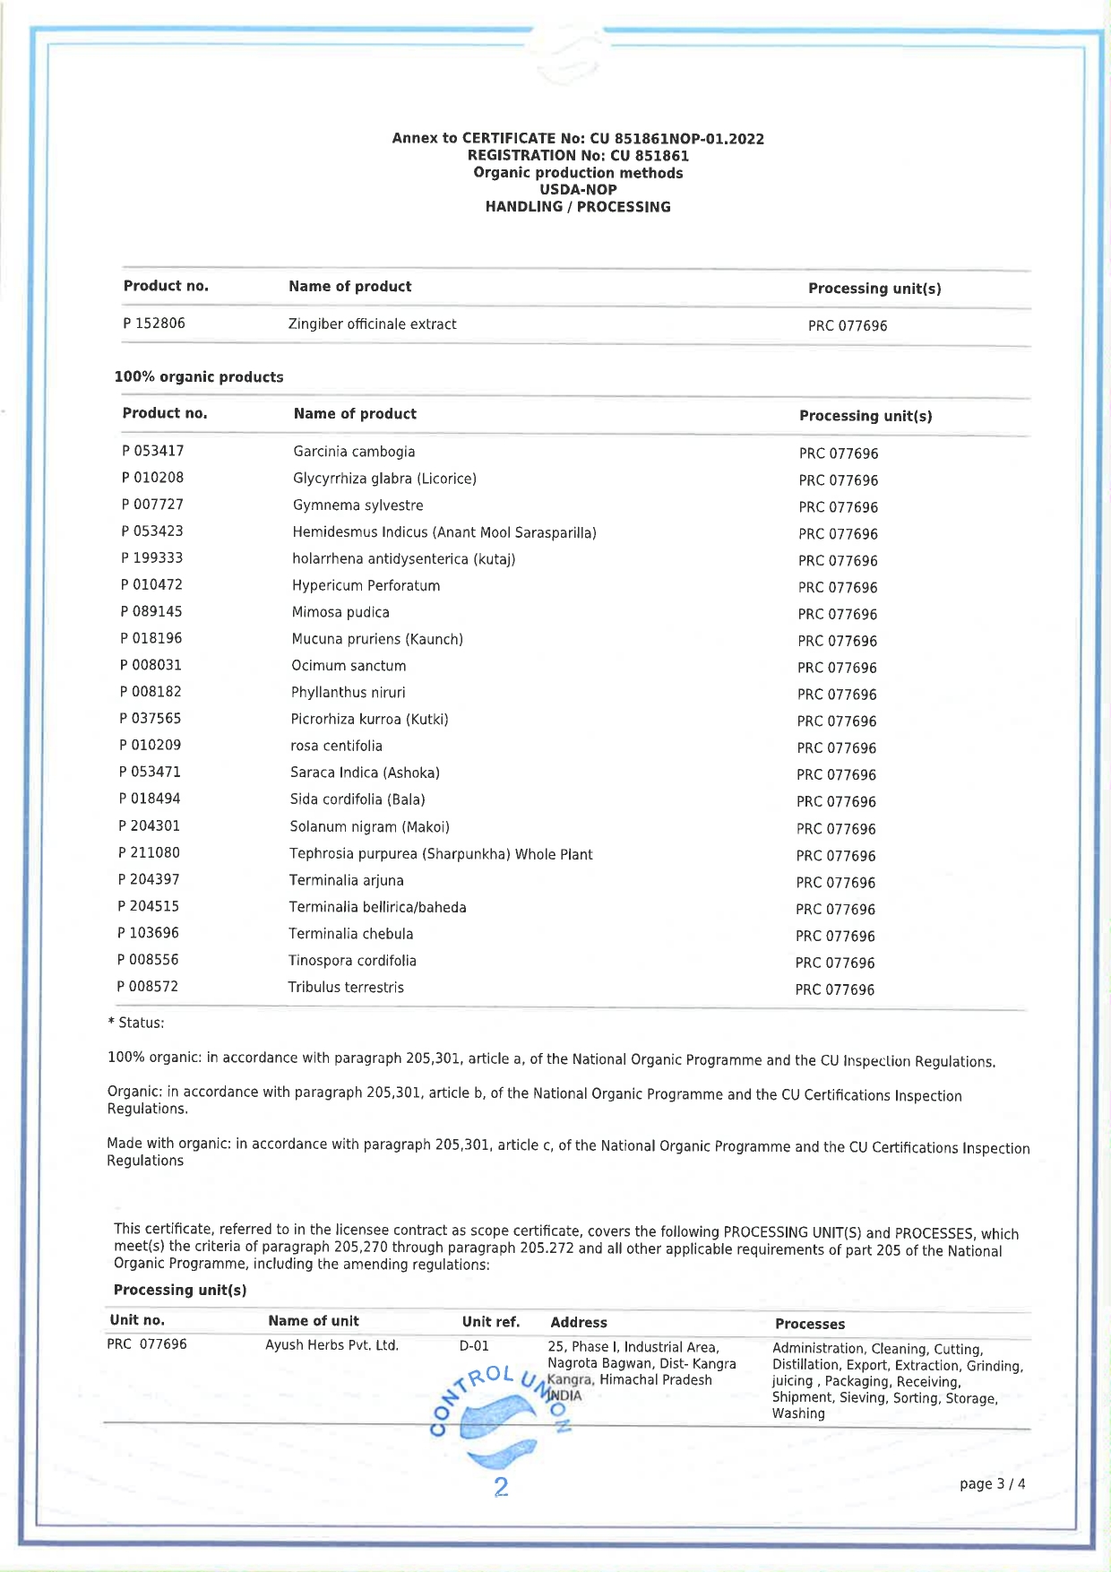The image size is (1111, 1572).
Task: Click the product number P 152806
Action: (x=154, y=323)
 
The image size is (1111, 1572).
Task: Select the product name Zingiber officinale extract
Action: (x=372, y=324)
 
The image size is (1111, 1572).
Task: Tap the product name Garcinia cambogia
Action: (x=354, y=452)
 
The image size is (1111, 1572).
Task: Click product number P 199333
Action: (x=152, y=557)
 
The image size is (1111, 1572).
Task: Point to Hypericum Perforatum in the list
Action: (x=366, y=586)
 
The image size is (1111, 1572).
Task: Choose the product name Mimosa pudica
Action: (x=340, y=612)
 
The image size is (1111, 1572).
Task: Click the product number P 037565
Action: (x=151, y=718)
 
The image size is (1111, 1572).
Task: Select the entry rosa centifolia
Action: (x=336, y=746)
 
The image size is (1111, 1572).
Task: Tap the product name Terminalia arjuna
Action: (x=346, y=880)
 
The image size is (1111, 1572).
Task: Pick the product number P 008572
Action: (x=148, y=986)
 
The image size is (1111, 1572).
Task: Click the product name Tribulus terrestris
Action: (x=346, y=987)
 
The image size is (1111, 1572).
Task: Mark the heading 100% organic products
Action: (x=199, y=376)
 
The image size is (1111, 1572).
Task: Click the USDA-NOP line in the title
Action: (x=578, y=189)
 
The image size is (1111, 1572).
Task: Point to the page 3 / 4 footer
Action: (x=992, y=1483)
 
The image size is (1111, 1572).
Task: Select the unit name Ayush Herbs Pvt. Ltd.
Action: (x=332, y=1344)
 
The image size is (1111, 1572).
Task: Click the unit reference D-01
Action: (x=474, y=1345)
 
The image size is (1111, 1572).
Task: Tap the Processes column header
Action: (x=810, y=1324)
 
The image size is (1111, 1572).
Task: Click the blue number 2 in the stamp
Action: (x=501, y=1487)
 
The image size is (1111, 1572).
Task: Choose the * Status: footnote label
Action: (x=136, y=1023)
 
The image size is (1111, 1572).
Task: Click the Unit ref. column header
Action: (x=491, y=1321)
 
